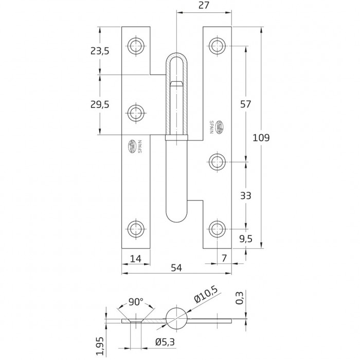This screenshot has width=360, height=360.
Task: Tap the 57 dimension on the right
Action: coord(245,104)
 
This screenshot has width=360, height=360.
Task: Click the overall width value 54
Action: coord(176,267)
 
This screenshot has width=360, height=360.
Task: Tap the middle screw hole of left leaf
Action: coord(136,112)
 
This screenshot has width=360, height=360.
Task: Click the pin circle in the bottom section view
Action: coord(176,318)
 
